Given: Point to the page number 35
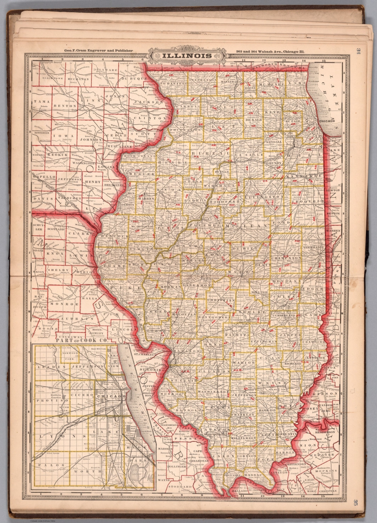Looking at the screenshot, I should (x=356, y=503).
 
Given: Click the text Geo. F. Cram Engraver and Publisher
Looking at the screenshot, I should (x=96, y=51).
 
